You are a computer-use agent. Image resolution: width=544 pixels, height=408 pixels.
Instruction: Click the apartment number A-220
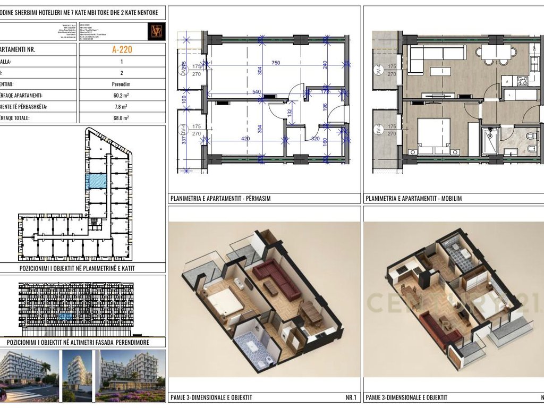pos(122,50)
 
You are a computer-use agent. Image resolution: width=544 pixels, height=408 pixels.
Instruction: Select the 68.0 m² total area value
pos(122,118)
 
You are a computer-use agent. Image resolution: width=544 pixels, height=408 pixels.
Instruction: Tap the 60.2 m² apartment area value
pos(122,96)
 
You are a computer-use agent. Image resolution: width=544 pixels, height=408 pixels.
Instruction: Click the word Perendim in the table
pos(122,84)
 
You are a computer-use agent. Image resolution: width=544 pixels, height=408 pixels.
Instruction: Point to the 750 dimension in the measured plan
pos(276,63)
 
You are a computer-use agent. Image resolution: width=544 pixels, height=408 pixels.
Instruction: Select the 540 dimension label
pos(257,92)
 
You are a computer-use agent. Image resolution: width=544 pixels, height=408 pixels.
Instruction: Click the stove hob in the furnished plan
pos(521,81)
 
